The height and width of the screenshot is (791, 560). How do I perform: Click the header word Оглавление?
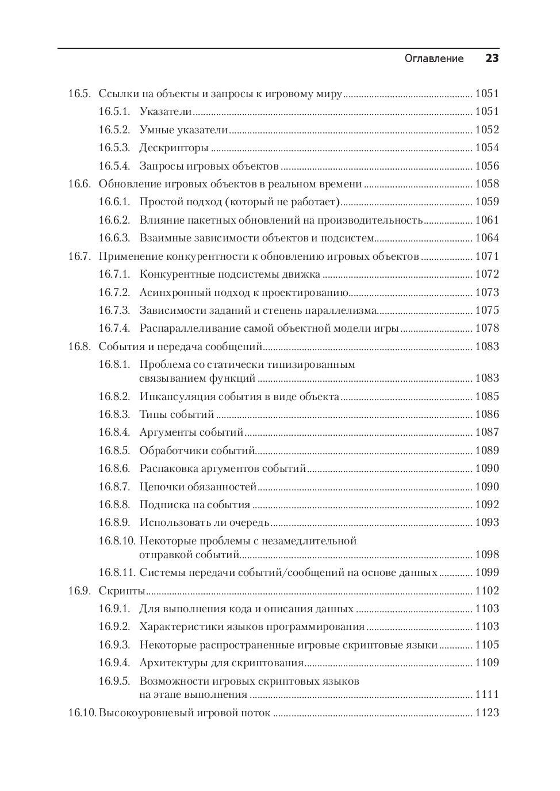434,59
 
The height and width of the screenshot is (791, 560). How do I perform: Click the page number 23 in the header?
492,59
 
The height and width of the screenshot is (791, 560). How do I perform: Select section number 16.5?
79,94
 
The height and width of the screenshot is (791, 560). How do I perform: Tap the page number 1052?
486,130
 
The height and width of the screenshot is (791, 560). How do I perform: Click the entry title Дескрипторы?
174,148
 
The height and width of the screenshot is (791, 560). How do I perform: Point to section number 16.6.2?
114,220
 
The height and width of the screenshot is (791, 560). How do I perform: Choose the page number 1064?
486,238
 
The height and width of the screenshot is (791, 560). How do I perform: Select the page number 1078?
486,328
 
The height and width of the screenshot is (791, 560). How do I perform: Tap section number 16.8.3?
114,414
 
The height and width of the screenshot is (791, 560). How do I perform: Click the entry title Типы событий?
177,414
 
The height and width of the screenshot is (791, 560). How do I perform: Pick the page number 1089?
486,451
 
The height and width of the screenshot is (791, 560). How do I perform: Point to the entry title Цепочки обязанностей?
198,487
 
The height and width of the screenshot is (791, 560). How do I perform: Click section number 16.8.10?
116,541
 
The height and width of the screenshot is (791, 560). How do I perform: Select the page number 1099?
486,573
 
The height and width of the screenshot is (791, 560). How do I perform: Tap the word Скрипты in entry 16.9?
121,591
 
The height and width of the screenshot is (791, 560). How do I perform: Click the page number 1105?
486,645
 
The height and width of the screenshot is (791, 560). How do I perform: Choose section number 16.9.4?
114,663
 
